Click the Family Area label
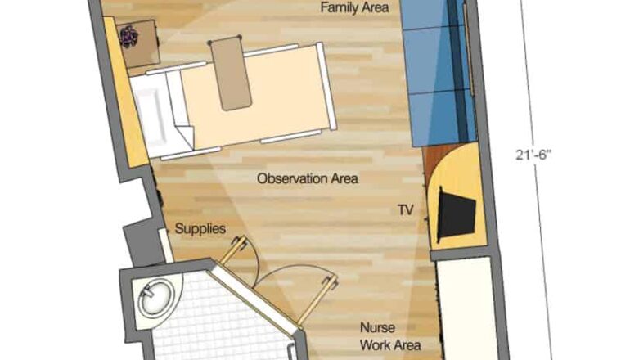(x=354, y=7)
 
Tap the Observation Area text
(x=308, y=178)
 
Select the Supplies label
(x=200, y=229)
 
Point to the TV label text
(x=405, y=209)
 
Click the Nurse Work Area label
(x=390, y=336)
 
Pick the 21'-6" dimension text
(x=533, y=155)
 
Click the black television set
(x=456, y=214)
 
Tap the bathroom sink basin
(x=156, y=297)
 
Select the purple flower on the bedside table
(x=128, y=37)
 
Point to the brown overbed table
(x=231, y=74)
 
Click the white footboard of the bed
(x=326, y=86)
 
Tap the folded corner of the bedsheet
(x=186, y=135)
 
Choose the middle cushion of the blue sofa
(x=434, y=61)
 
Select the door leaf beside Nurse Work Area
(x=317, y=299)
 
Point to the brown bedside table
(x=137, y=43)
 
